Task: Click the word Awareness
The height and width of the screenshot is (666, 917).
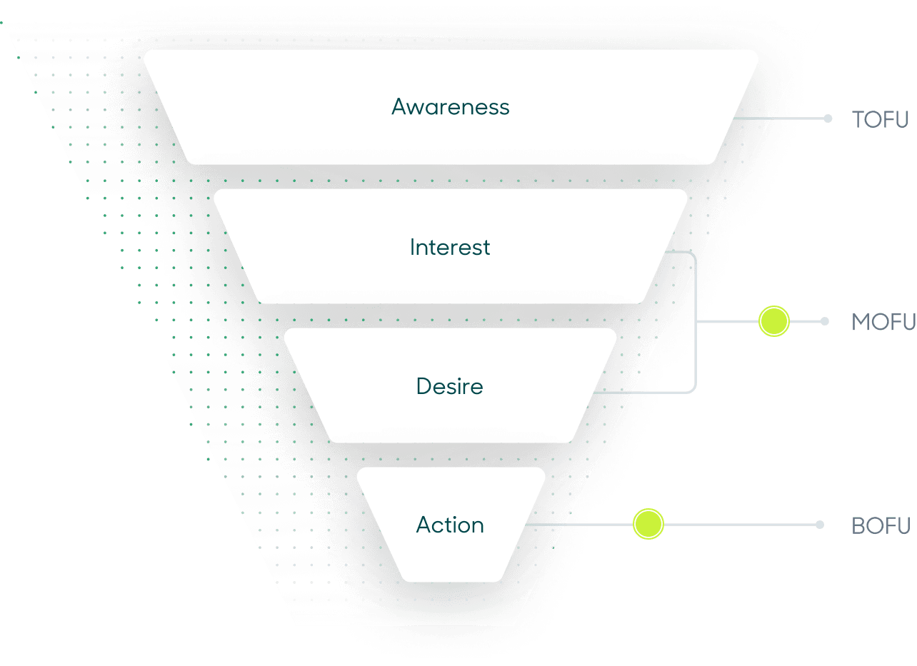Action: [x=451, y=107]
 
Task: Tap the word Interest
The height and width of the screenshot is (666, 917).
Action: [x=450, y=248]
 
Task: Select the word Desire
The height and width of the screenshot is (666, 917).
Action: [x=450, y=387]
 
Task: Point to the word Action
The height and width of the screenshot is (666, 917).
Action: [x=450, y=525]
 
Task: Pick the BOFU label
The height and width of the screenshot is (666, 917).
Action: [x=881, y=526]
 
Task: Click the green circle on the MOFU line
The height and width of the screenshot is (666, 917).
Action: [x=773, y=321]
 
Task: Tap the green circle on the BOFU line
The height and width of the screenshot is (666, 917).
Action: [x=648, y=524]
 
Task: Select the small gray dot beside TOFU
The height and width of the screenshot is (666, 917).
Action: [x=828, y=118]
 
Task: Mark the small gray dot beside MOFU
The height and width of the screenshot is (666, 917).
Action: [x=825, y=321]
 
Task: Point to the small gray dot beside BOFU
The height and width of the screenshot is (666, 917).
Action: [x=820, y=525]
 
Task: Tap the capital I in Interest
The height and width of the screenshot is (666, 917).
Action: [x=413, y=248]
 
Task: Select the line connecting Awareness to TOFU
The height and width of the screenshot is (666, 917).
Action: [x=778, y=118]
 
